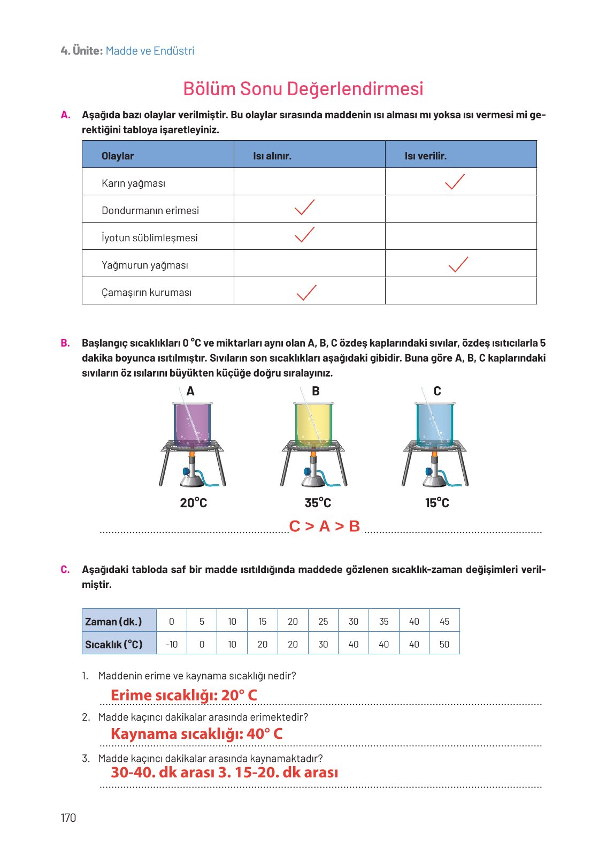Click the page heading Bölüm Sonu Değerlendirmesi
[303, 89]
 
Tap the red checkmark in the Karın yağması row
[455, 182]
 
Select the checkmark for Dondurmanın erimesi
[304, 208]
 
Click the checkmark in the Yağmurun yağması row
[458, 264]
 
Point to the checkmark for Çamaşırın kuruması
[306, 292]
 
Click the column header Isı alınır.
[272, 156]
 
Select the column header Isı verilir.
[425, 156]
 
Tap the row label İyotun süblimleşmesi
[149, 238]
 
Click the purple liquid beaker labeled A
[192, 424]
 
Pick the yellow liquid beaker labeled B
[313, 424]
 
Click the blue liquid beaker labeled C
[435, 424]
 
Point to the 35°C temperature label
[318, 503]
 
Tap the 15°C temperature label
[437, 503]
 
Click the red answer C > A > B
[324, 526]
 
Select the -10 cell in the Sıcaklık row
[171, 644]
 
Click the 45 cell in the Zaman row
[444, 621]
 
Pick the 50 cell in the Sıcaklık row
[444, 644]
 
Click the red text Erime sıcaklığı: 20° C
[183, 695]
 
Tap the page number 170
[68, 817]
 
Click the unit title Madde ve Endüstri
[150, 51]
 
